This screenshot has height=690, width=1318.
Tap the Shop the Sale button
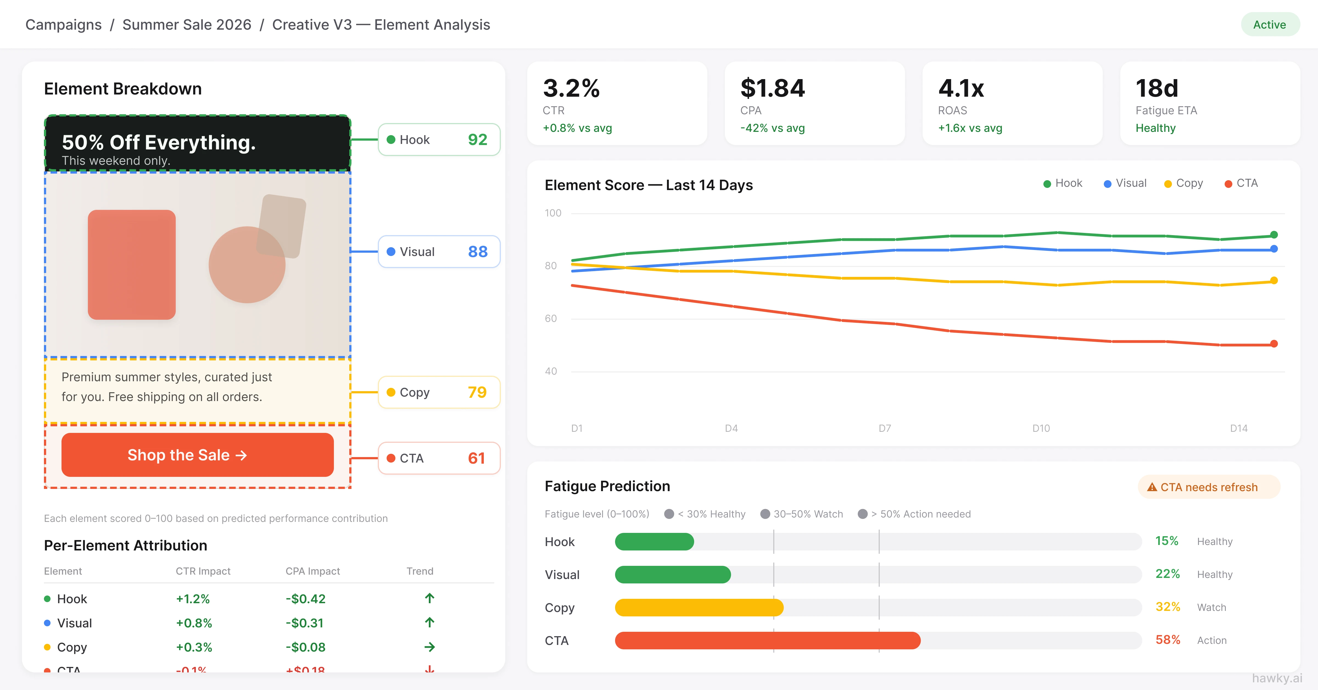coord(197,455)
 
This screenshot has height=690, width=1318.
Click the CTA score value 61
coord(476,458)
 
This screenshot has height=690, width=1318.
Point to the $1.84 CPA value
coord(772,88)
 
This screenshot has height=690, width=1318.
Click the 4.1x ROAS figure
coord(961,88)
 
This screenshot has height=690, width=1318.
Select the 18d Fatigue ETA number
coord(1157,88)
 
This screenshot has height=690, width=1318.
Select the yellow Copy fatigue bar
coord(699,608)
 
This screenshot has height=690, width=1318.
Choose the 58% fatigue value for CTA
coord(1168,640)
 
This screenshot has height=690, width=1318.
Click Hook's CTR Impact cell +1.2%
coord(193,599)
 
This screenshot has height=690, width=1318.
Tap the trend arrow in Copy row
coord(429,647)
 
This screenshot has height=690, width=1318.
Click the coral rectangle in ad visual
coord(132,265)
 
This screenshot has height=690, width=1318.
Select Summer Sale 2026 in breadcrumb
coord(187,24)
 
